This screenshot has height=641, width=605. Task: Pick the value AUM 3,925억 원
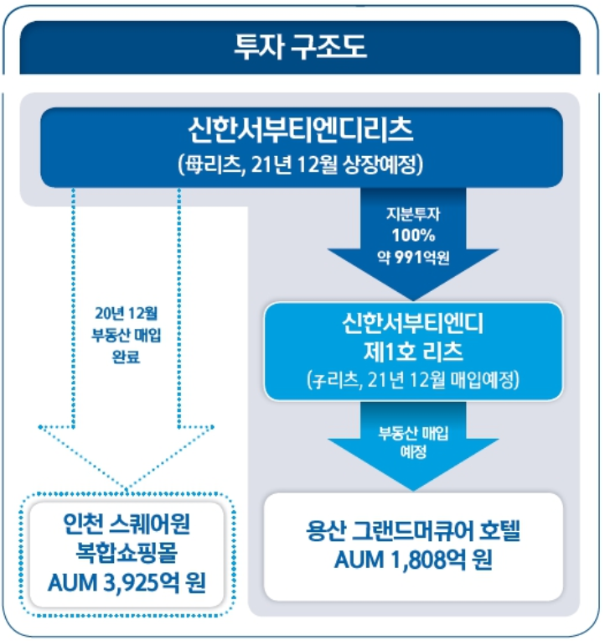127,580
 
